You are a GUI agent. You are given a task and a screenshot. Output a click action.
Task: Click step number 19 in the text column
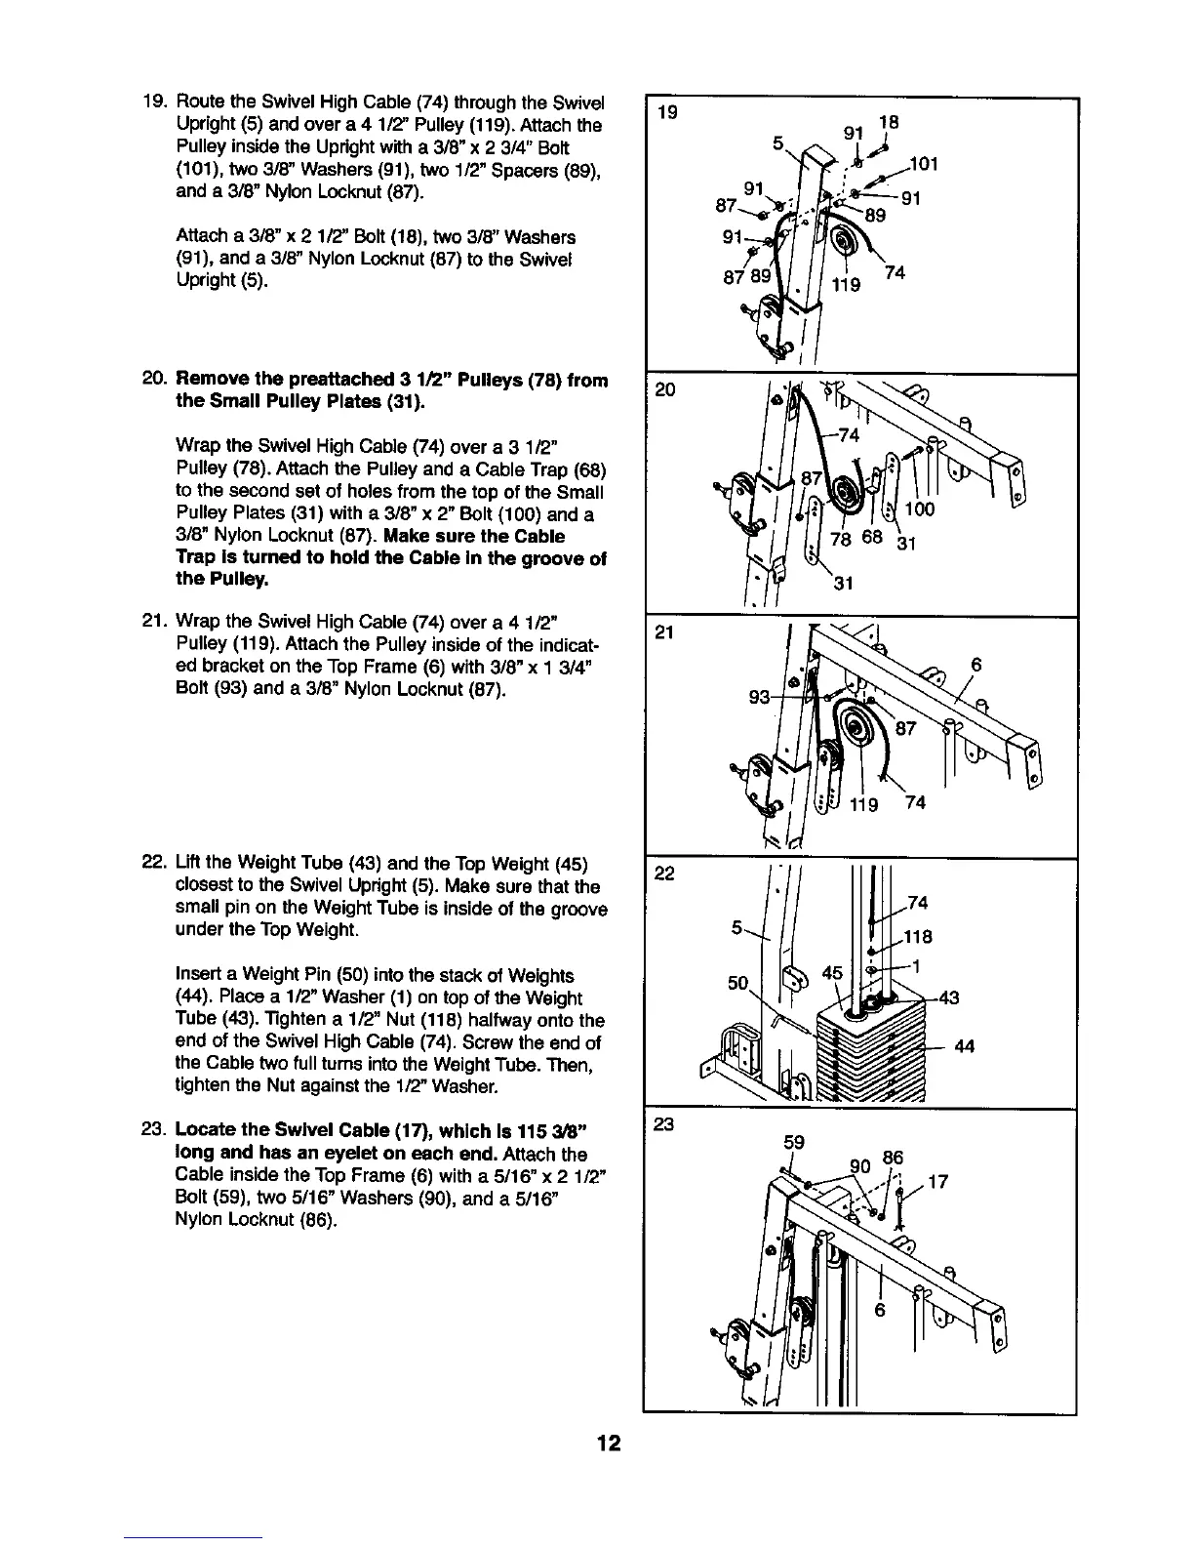(153, 103)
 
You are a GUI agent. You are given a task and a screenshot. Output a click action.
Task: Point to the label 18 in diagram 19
(888, 123)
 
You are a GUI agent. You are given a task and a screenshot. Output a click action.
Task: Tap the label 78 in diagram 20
(840, 542)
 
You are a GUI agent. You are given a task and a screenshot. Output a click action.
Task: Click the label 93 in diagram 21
(760, 697)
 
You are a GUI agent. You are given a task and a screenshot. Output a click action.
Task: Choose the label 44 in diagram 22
(965, 1046)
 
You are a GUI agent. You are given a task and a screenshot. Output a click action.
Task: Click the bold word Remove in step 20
(209, 380)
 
